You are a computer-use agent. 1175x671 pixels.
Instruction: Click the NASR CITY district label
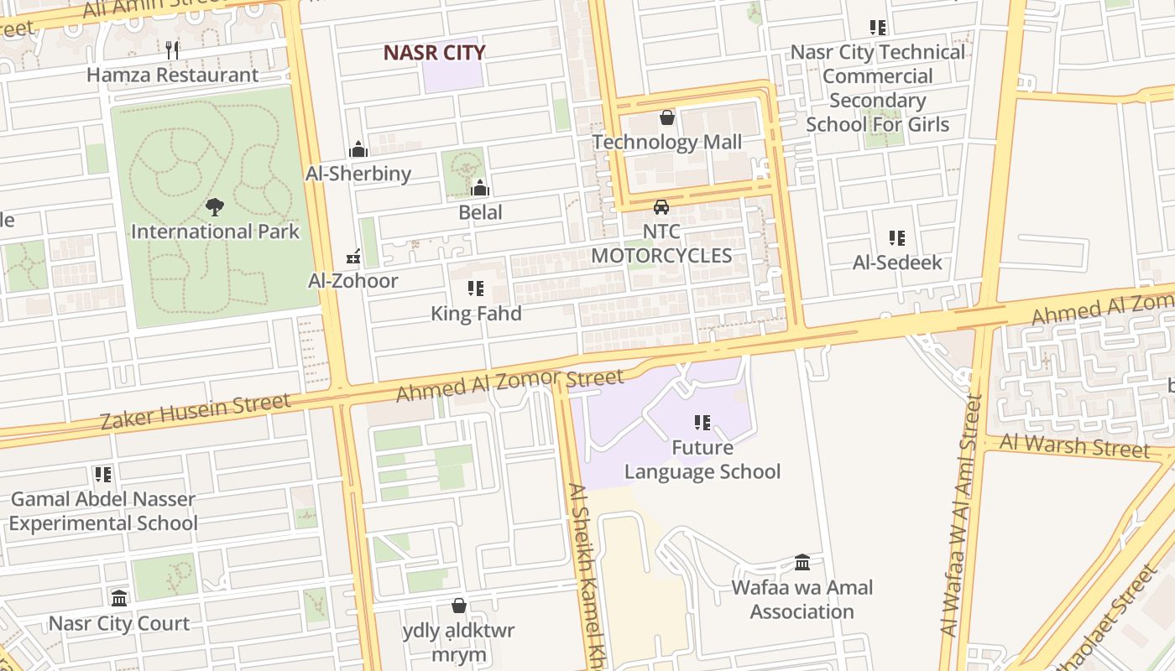pos(434,52)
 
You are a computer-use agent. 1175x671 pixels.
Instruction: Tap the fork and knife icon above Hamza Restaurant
pos(172,49)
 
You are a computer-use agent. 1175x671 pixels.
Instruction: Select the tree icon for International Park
pos(215,206)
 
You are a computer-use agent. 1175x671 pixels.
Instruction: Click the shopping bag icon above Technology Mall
pos(667,117)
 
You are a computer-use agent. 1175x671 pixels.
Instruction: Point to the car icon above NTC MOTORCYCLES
pos(661,206)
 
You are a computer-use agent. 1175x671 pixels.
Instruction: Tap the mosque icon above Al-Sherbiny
pos(358,149)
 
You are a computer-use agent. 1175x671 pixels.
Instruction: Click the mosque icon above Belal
pos(480,188)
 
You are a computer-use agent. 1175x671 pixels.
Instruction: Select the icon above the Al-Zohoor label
pos(353,256)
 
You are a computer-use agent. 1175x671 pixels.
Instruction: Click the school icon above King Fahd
pos(476,289)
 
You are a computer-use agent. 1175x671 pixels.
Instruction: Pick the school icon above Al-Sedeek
pos(897,238)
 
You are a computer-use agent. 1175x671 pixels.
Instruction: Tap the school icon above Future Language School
pos(702,423)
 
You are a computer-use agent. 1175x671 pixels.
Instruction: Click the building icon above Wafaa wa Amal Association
pos(802,562)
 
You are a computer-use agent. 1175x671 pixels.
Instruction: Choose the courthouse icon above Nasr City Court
pos(119,598)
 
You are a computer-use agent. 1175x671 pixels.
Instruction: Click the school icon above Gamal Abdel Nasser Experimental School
pos(103,475)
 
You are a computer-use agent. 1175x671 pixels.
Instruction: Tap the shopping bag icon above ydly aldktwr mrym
pos(459,606)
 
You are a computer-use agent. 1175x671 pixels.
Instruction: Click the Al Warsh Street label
pos(1075,445)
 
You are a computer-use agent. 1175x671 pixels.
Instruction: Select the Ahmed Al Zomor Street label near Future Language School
pos(510,386)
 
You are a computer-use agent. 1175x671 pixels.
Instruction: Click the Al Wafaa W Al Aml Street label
pos(962,515)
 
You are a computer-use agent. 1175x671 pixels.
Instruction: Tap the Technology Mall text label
pos(667,142)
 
